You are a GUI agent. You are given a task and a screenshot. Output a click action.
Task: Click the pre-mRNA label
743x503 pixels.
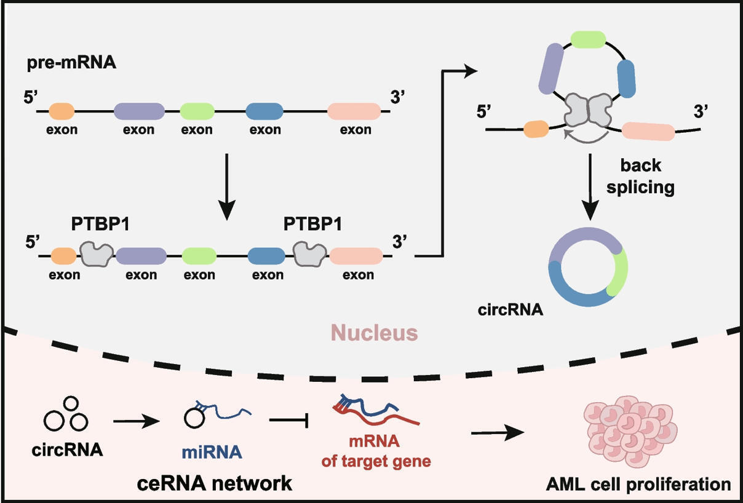tap(71, 63)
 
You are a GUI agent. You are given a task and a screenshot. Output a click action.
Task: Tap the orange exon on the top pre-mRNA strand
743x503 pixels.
tap(62, 111)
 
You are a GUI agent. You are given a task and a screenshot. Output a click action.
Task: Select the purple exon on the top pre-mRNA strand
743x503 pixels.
tap(139, 111)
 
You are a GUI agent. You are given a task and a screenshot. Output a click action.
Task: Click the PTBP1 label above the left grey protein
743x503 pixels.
tap(100, 224)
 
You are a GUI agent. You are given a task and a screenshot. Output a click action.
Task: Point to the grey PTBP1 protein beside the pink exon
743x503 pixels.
tap(310, 254)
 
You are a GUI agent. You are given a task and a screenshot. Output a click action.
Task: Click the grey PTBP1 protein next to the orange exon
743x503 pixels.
tap(97, 254)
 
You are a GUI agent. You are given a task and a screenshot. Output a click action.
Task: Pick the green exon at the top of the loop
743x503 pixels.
tap(589, 39)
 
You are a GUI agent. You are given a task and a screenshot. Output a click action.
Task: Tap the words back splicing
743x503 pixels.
tap(640, 176)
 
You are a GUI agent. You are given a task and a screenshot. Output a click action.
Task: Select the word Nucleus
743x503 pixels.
tap(374, 333)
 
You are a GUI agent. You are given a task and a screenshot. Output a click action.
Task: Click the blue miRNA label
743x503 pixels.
tap(212, 452)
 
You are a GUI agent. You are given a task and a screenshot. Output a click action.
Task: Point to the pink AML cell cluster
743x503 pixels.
tap(630, 431)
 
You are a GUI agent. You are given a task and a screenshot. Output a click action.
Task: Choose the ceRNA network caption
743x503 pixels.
tap(214, 483)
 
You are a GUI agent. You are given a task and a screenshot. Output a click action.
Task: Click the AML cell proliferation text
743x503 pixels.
tap(638, 485)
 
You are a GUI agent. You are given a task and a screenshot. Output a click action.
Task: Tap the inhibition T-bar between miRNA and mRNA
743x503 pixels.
tap(289, 420)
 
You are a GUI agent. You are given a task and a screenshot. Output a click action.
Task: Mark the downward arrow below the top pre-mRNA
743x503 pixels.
tap(227, 187)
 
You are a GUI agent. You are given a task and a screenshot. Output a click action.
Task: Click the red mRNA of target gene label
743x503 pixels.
tap(376, 451)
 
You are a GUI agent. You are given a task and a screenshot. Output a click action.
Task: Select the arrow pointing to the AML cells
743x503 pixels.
tap(498, 433)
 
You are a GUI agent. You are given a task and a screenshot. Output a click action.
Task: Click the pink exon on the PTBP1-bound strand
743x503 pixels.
tap(356, 256)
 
